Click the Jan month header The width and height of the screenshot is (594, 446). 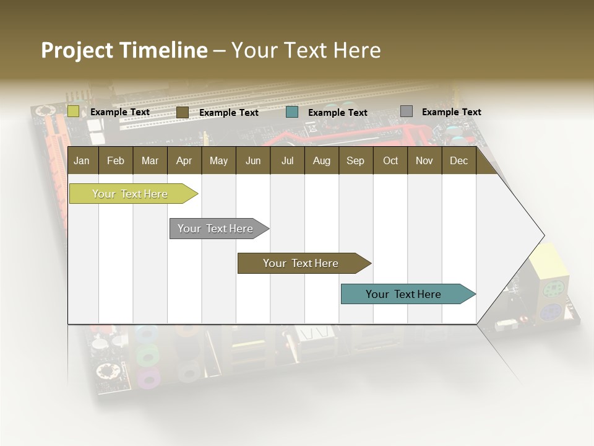(82, 161)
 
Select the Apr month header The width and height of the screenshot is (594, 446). (184, 161)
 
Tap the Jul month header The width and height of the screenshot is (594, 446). (287, 161)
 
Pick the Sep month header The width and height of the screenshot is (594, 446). (355, 161)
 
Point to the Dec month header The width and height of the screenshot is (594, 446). (458, 161)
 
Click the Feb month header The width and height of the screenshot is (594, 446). (116, 161)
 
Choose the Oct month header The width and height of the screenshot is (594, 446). (390, 161)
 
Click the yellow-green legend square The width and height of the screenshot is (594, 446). (74, 111)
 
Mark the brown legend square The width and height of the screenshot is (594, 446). (182, 112)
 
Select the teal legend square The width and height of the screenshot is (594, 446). (292, 112)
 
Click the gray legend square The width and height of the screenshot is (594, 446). (406, 111)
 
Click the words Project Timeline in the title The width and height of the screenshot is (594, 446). (124, 50)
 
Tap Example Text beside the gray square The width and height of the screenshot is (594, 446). (451, 112)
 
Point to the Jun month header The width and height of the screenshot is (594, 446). (253, 161)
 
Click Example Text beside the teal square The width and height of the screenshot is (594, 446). (337, 113)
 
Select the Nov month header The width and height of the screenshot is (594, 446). (424, 161)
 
